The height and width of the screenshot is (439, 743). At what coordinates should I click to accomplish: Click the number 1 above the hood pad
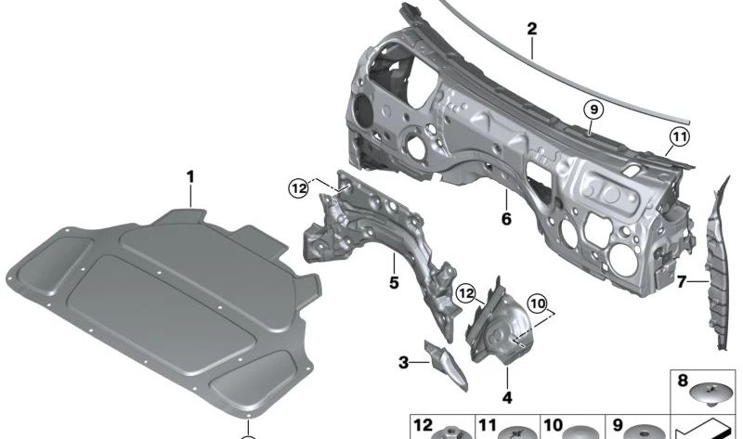189,174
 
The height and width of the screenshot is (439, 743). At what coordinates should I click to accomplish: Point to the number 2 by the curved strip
531,29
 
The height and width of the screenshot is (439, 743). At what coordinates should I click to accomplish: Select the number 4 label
507,397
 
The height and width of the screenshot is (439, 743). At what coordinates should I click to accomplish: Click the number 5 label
393,280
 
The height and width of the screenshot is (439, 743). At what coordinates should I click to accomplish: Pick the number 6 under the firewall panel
505,220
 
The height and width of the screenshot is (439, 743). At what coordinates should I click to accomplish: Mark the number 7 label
681,279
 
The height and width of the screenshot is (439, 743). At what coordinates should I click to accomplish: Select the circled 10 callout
539,303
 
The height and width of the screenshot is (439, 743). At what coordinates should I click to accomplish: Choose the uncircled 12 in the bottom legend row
423,426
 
